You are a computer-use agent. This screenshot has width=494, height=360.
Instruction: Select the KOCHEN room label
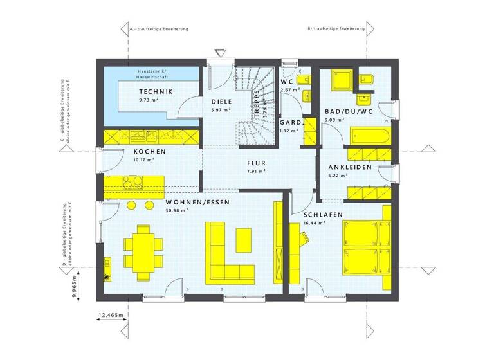tap(150, 152)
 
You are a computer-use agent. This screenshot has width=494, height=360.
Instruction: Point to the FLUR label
tap(256, 163)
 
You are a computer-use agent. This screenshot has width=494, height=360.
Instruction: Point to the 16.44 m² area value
tap(315, 223)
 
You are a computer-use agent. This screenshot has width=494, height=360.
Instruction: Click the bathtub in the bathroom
tap(370, 135)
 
